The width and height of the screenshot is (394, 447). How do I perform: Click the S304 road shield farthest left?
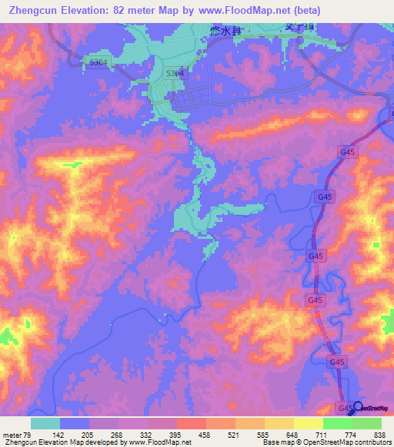click(x=76, y=62)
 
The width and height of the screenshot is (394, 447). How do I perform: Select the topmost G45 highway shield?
click(x=347, y=153)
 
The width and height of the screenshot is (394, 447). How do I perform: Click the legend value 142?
click(x=75, y=434)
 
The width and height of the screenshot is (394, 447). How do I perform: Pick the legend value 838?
click(x=378, y=434)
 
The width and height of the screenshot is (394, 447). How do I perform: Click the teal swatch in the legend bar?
click(x=45, y=423)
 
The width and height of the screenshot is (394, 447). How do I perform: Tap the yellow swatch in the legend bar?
click(x=279, y=423)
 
